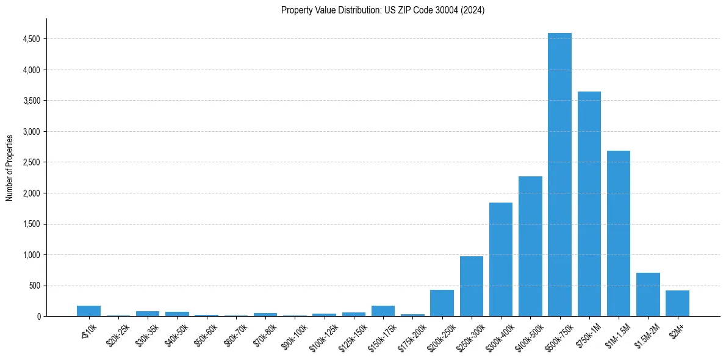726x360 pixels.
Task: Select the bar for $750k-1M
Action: pyautogui.click(x=589, y=204)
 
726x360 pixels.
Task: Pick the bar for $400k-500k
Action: pyautogui.click(x=530, y=247)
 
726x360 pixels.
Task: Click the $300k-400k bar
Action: pyautogui.click(x=501, y=260)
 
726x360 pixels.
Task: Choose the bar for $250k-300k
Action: pyautogui.click(x=472, y=287)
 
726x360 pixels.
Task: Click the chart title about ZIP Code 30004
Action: pyautogui.click(x=383, y=10)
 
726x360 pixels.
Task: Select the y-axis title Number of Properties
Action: pyautogui.click(x=10, y=167)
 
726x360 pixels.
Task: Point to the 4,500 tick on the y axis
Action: pyautogui.click(x=31, y=39)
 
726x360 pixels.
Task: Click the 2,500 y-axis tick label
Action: pyautogui.click(x=31, y=162)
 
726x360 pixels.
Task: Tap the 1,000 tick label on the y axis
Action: pyautogui.click(x=31, y=255)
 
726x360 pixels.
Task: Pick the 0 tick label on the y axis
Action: pyautogui.click(x=38, y=317)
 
